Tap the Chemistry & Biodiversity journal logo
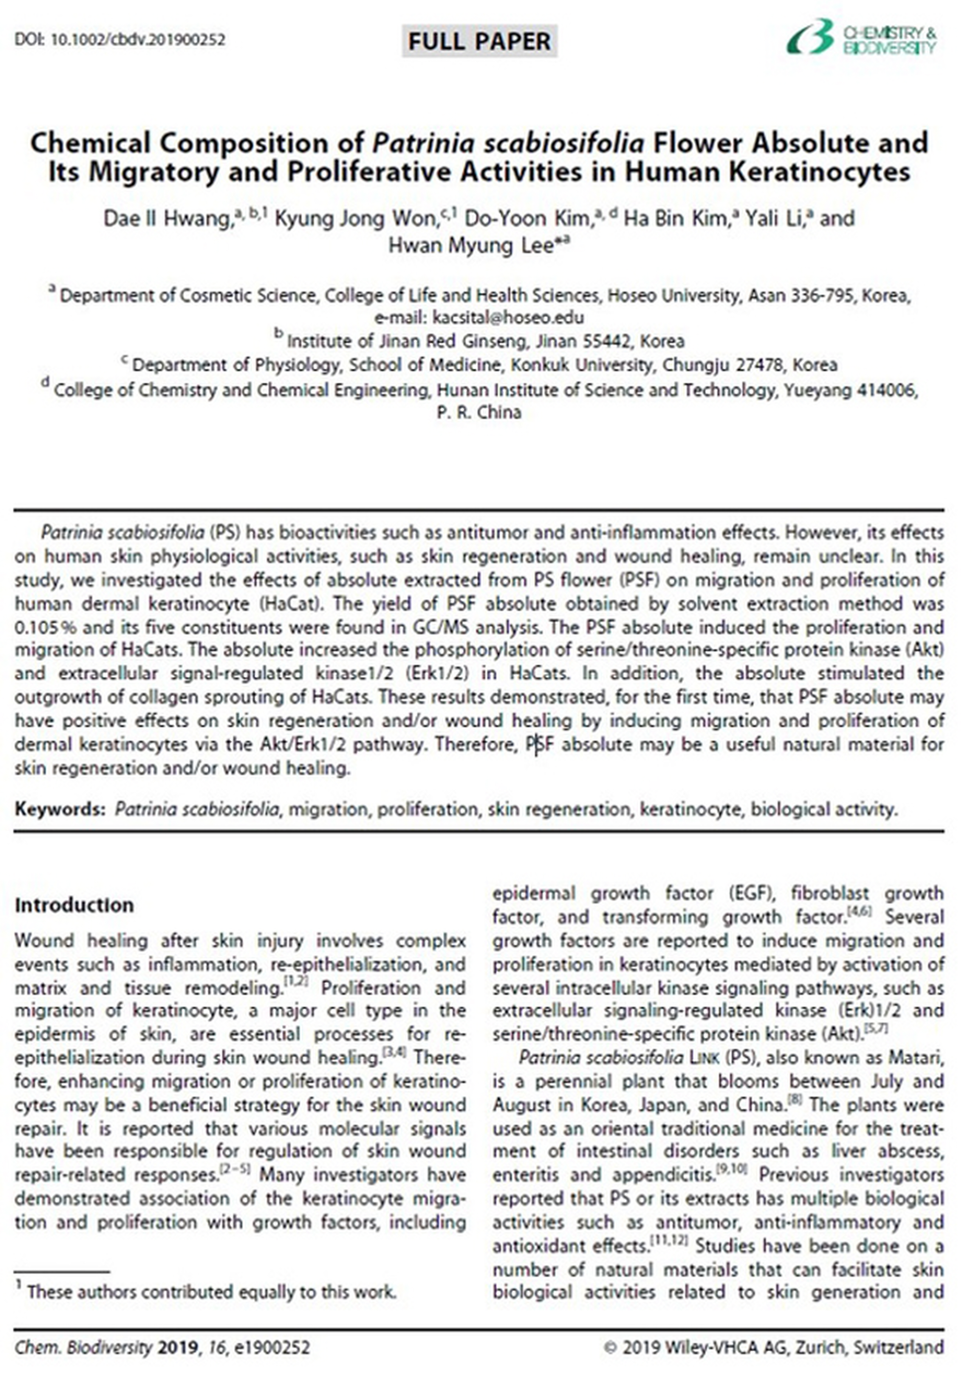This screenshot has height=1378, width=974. (x=861, y=38)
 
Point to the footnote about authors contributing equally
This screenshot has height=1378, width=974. (x=211, y=1292)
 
